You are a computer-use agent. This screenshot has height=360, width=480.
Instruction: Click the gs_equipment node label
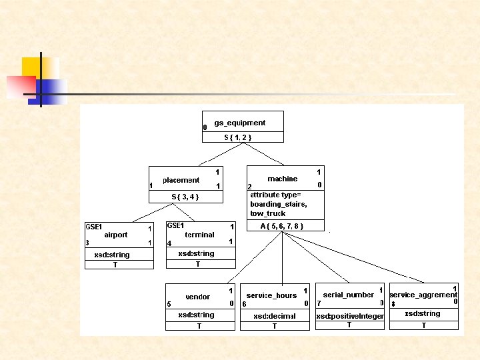[x=239, y=123]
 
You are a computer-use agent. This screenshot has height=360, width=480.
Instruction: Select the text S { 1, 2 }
[x=237, y=137]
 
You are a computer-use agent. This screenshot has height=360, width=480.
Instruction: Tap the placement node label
[x=181, y=180]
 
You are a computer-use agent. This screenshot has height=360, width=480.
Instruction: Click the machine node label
[x=282, y=179]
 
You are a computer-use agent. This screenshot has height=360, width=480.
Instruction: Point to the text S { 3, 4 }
[x=185, y=197]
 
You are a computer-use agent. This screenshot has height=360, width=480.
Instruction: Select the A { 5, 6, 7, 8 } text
[x=282, y=226]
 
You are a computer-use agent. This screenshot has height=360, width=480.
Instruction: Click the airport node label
[x=116, y=235]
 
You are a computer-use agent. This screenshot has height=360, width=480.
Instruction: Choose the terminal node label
[x=199, y=235]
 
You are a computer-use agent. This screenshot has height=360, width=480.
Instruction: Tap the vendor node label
[x=197, y=297]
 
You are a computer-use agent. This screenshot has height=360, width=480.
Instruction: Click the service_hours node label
[x=271, y=295]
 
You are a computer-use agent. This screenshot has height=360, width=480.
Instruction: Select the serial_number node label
[x=348, y=295]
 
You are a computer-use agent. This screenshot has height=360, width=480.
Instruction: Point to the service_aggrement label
[x=423, y=295]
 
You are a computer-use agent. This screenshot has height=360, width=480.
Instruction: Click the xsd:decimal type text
[x=274, y=316]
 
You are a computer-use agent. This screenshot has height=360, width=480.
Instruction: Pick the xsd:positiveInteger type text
[x=350, y=316]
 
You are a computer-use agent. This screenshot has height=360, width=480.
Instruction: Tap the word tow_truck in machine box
[x=267, y=213]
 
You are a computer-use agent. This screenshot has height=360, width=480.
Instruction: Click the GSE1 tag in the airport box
[x=93, y=227]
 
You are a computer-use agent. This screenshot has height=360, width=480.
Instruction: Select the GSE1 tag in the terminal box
[x=175, y=226]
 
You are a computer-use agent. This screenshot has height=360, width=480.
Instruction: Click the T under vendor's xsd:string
[x=199, y=327]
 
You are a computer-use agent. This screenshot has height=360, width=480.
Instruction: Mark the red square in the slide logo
[x=20, y=87]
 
